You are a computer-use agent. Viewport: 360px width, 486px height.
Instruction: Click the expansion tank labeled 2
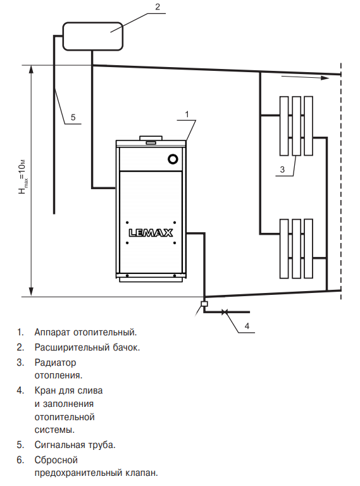click(x=93, y=36)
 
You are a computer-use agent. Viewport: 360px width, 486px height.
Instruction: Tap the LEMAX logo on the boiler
click(x=151, y=233)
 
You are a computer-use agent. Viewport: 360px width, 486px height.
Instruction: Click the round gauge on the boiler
click(x=173, y=159)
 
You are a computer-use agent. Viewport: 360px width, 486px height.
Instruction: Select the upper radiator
click(x=296, y=126)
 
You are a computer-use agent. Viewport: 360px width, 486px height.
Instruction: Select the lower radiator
click(x=296, y=249)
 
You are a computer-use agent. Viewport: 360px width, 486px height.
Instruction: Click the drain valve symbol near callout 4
click(x=225, y=312)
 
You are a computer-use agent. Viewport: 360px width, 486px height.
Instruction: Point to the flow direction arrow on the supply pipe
click(x=305, y=77)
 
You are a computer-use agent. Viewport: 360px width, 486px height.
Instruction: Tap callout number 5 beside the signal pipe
click(x=73, y=117)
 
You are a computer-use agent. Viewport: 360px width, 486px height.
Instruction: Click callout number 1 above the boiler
click(x=187, y=115)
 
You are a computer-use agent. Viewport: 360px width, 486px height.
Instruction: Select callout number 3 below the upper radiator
click(x=282, y=169)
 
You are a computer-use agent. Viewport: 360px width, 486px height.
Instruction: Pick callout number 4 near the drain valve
click(x=247, y=326)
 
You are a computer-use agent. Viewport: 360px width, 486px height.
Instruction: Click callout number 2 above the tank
click(x=158, y=7)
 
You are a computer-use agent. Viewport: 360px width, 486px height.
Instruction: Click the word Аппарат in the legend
click(x=53, y=332)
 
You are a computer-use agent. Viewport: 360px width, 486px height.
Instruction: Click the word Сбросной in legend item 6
click(x=56, y=460)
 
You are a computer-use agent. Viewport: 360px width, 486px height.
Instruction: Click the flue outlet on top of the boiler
click(x=151, y=138)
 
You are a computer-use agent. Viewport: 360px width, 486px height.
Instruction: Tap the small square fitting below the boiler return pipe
click(x=204, y=304)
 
